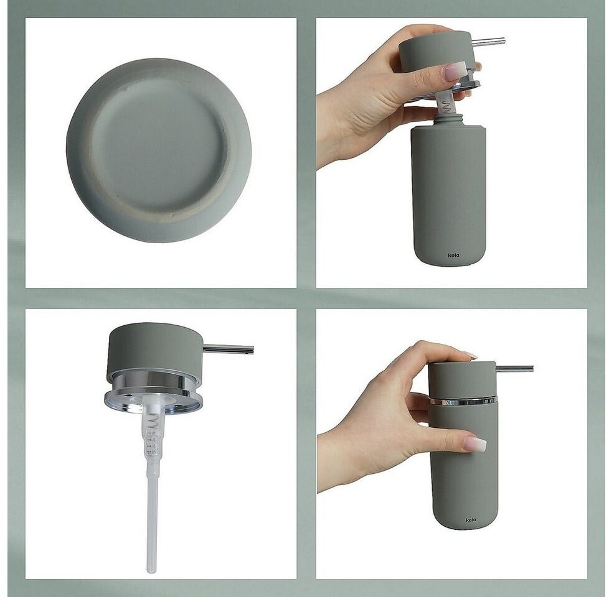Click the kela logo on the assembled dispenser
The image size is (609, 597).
tap(470, 520)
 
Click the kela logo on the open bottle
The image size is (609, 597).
tap(453, 255)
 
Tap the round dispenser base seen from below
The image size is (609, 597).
tap(159, 150)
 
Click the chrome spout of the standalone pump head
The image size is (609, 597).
tap(229, 349)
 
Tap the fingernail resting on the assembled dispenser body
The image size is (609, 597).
tap(476, 443)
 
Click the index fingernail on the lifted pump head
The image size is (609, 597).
tap(455, 72)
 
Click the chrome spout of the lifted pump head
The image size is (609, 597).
tap(489, 42)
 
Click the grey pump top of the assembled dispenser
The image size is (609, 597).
tap(463, 380)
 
